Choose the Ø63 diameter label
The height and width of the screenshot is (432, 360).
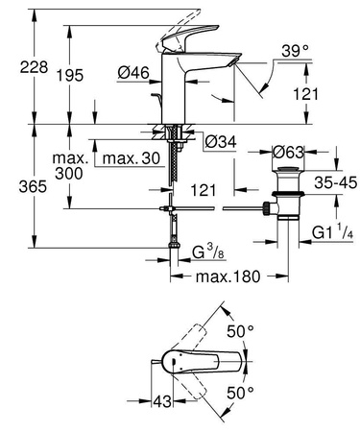[x=288, y=151]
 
